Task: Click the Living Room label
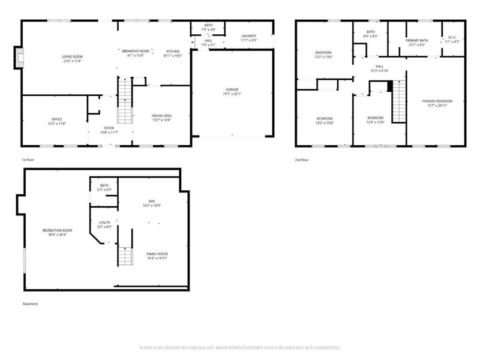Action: [x=71, y=57]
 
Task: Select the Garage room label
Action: [x=232, y=89]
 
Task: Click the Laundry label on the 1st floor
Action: [x=249, y=36]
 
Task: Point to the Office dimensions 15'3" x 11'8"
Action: [x=57, y=124]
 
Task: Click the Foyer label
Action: [x=109, y=127]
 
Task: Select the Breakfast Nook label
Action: [x=135, y=52]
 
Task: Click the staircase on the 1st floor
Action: [x=124, y=99]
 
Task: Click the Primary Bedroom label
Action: [x=437, y=101]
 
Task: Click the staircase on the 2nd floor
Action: [x=398, y=102]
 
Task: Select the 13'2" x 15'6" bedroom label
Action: [x=324, y=118]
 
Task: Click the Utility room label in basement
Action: [x=104, y=223]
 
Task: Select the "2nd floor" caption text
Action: [x=302, y=160]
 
